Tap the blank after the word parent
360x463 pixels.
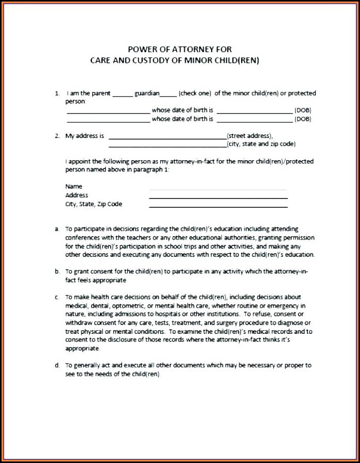(x=122, y=95)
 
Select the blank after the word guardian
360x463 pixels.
(x=168, y=95)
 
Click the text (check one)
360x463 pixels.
(x=194, y=94)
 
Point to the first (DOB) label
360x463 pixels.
(x=303, y=111)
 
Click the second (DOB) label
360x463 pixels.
(x=303, y=119)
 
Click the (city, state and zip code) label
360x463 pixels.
(x=261, y=144)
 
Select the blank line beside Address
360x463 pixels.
(x=218, y=197)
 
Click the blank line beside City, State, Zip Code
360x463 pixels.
(x=218, y=206)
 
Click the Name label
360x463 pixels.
(x=73, y=186)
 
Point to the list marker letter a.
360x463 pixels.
(x=57, y=228)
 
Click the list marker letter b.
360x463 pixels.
(x=57, y=271)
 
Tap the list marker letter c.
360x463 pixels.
(x=57, y=297)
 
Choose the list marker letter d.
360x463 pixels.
(x=57, y=365)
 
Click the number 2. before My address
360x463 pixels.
(x=57, y=136)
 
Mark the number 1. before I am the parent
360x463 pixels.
(x=57, y=94)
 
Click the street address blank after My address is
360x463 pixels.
(x=167, y=137)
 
